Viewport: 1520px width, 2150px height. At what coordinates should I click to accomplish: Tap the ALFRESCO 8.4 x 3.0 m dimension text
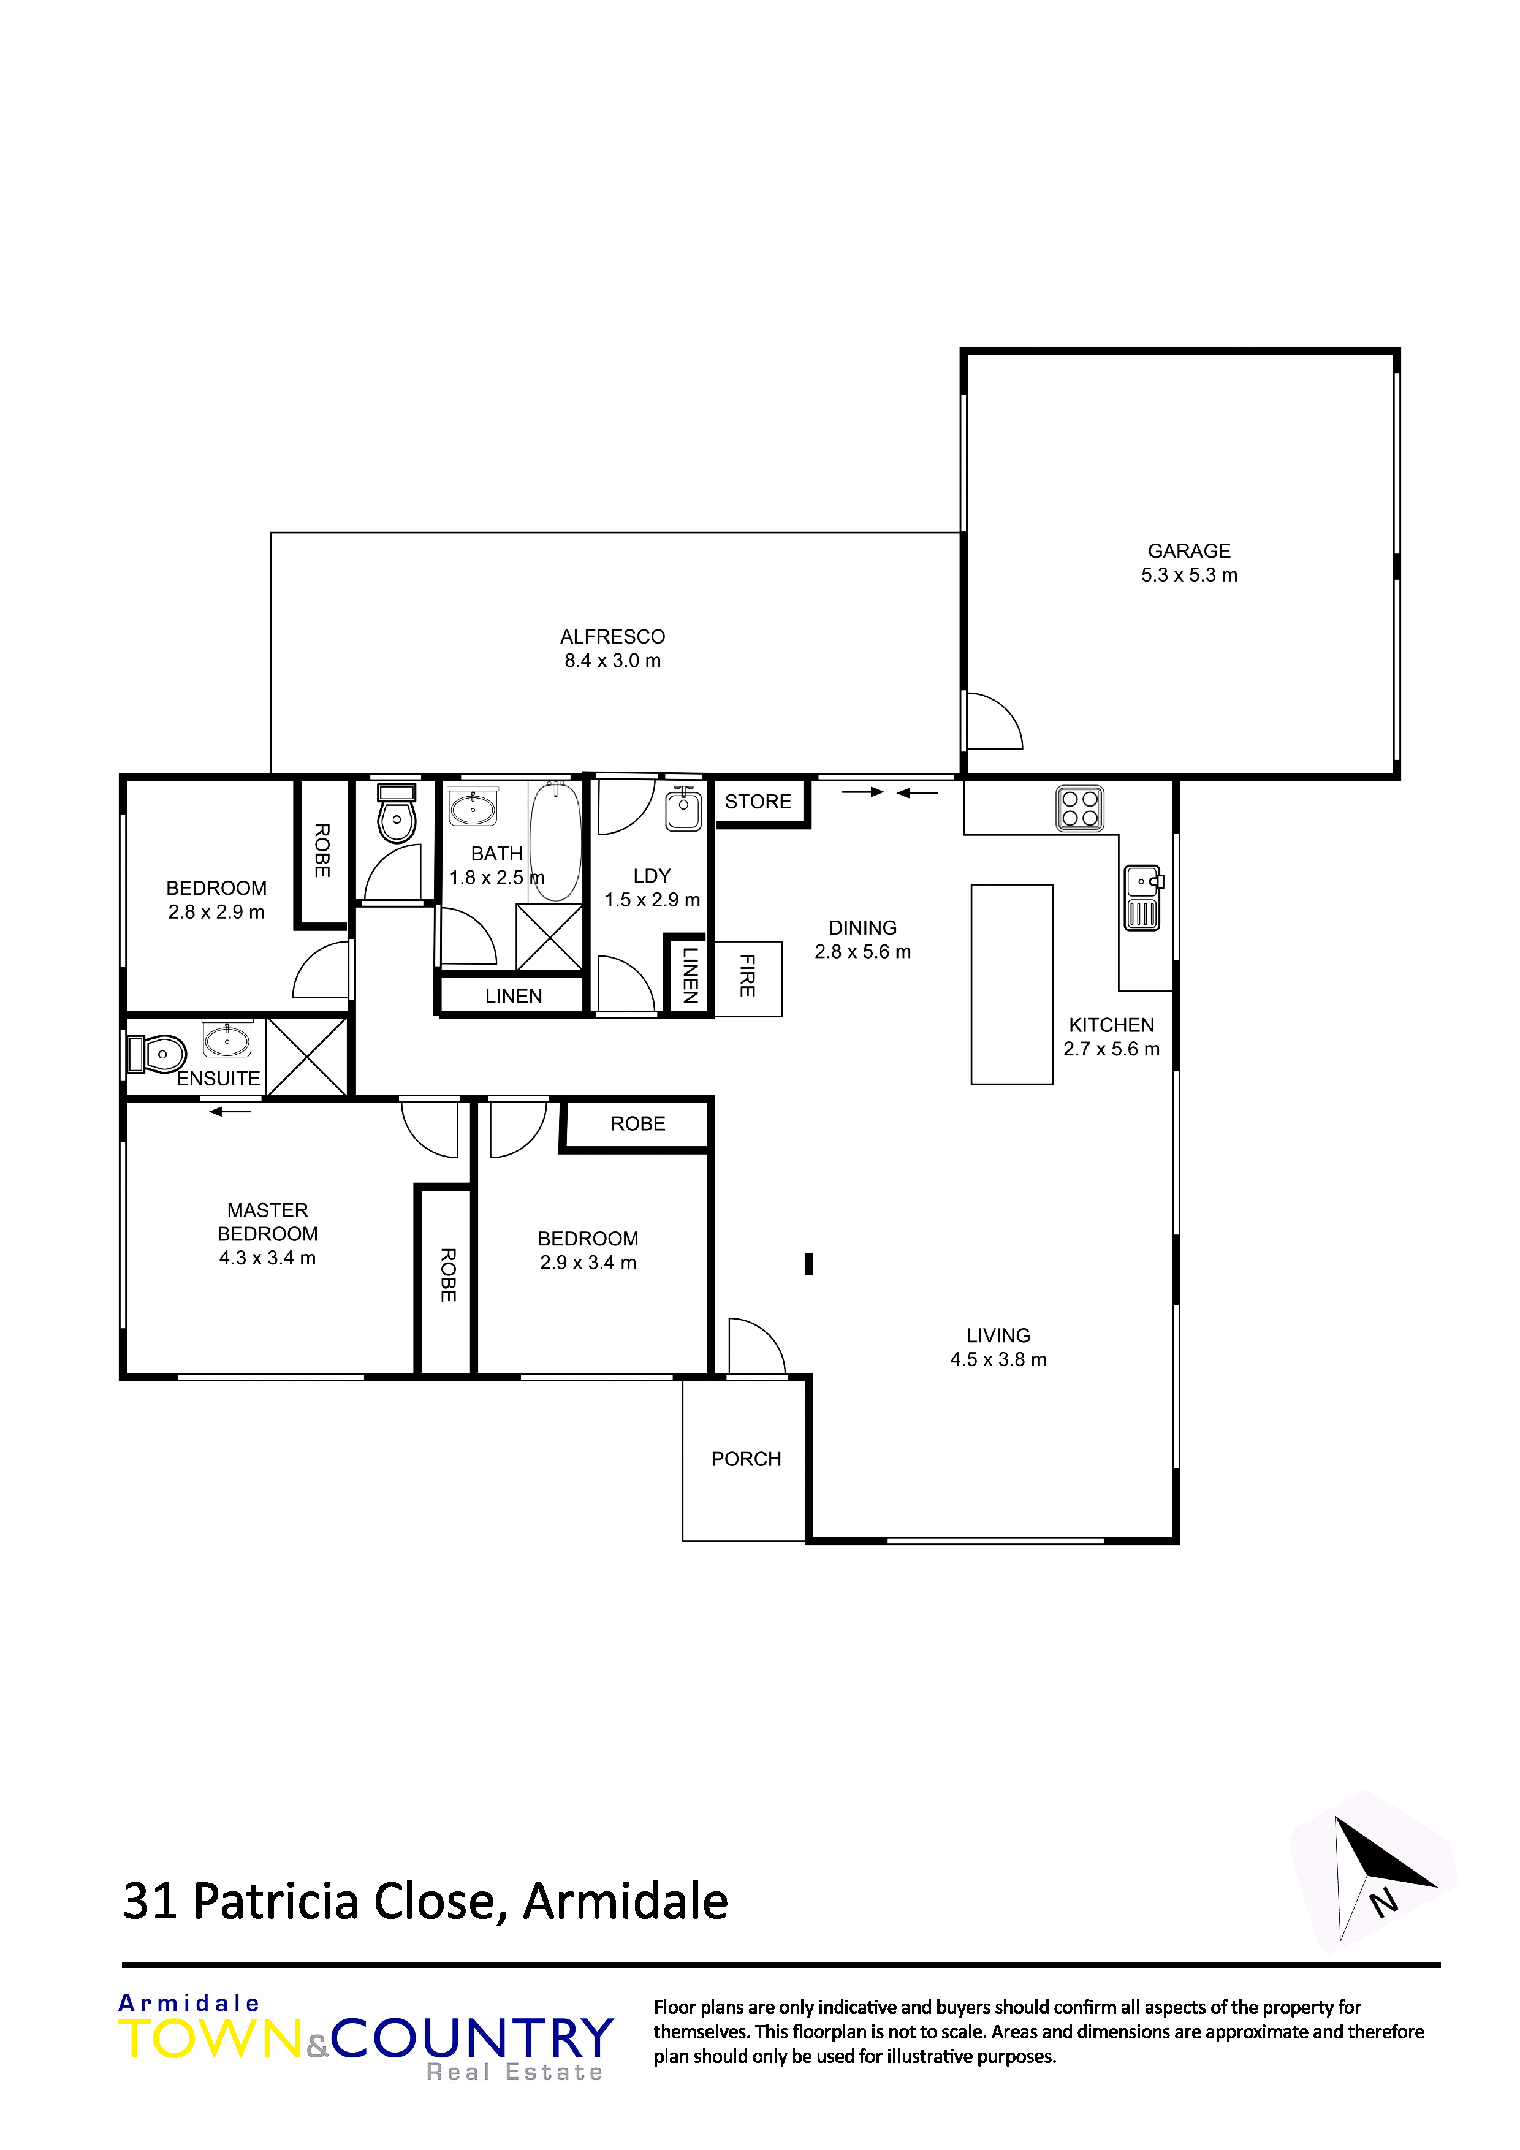(x=612, y=661)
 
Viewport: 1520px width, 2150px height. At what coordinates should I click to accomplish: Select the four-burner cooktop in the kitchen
(x=1080, y=808)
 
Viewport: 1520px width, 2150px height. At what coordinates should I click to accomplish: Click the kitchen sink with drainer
(x=1142, y=898)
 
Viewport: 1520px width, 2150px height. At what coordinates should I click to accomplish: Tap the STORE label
(x=758, y=802)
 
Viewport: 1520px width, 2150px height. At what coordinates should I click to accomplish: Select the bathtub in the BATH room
(x=555, y=842)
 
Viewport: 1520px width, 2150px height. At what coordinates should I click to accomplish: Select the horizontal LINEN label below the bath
(x=513, y=997)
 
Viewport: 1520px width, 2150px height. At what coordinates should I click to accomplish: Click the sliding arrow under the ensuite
(x=230, y=1112)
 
